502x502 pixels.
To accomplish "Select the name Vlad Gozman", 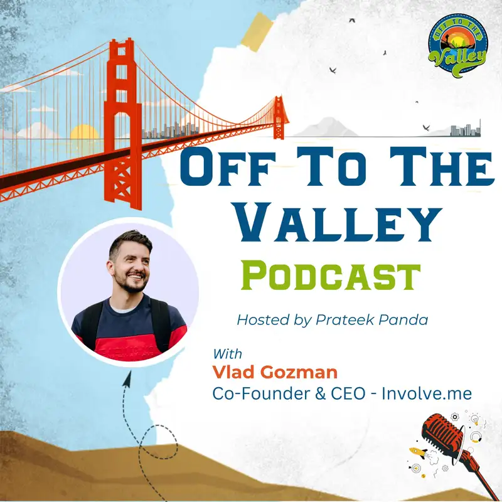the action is click(275, 372).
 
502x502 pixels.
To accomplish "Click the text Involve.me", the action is click(427, 393).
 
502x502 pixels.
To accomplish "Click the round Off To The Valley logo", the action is click(457, 45).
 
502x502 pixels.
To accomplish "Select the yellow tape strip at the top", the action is click(257, 32).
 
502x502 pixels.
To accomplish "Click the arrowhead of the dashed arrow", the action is click(127, 380).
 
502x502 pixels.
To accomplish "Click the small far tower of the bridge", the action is click(279, 117).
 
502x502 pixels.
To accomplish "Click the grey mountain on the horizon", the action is click(326, 127).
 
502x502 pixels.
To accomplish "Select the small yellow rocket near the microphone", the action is click(418, 452).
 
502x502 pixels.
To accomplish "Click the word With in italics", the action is click(228, 354).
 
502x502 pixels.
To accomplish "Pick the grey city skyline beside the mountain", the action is click(466, 129).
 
